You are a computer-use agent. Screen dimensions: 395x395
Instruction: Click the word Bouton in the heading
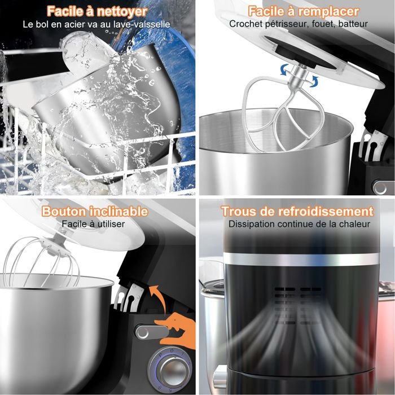[x=64, y=211]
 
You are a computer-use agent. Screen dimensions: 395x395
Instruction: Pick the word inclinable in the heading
[x=118, y=211]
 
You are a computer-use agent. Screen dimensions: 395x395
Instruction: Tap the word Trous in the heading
[x=238, y=211]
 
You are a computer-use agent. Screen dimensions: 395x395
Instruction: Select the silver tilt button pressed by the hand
[x=151, y=332]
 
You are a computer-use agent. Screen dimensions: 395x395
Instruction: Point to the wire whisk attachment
[x=42, y=262]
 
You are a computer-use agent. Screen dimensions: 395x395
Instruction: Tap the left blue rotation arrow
[x=285, y=69]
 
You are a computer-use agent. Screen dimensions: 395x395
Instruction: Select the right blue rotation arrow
[x=314, y=82]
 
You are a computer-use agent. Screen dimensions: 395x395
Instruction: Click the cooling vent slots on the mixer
[x=298, y=305]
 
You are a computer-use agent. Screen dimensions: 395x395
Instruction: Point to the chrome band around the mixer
[x=301, y=260]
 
